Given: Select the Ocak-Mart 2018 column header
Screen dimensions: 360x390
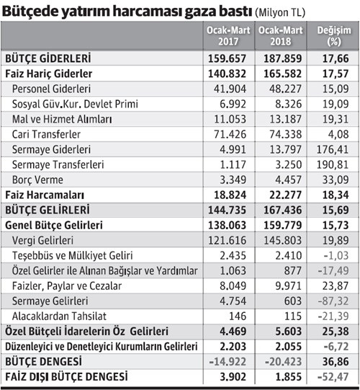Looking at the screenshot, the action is pos(278,37).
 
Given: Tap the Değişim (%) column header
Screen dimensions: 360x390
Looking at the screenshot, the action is pos(330,37).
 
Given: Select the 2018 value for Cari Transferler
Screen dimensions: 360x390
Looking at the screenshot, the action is pos(278,134).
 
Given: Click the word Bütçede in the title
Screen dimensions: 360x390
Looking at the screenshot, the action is pos(30,10).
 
